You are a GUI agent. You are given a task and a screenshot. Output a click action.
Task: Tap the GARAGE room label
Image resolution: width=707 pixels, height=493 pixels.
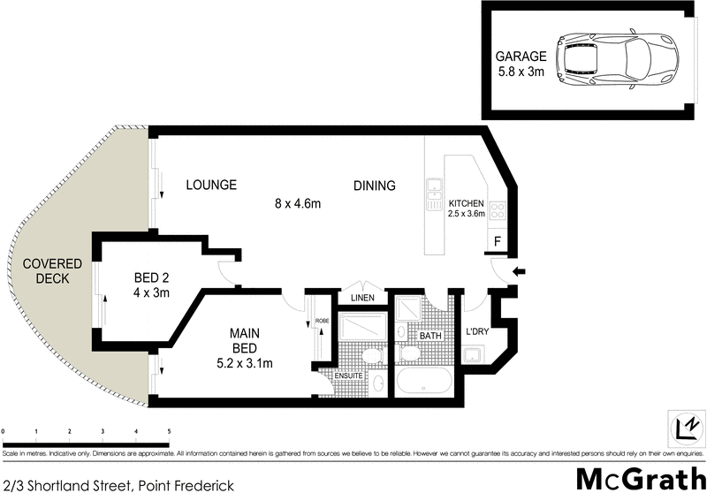click(521, 56)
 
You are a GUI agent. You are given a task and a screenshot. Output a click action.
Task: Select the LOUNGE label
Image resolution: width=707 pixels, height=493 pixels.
click(211, 185)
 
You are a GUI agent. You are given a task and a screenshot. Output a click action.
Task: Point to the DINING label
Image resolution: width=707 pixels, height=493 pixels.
click(374, 186)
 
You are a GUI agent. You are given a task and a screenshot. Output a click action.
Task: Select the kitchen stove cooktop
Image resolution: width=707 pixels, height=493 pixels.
click(498, 211)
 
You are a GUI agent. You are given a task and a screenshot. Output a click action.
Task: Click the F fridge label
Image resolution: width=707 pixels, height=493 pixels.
click(498, 240)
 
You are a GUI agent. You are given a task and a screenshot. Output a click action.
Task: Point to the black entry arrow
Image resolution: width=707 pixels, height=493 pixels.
click(520, 270)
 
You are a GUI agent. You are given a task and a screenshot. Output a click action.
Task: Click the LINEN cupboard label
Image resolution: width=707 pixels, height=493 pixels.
click(363, 299)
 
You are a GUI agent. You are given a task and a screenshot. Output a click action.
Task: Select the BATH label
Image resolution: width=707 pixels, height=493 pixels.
click(430, 336)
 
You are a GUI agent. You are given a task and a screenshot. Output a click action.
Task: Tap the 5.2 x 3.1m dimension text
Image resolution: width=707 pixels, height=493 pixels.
click(244, 362)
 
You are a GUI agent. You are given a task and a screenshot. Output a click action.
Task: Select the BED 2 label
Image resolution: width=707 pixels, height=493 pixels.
click(151, 275)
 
